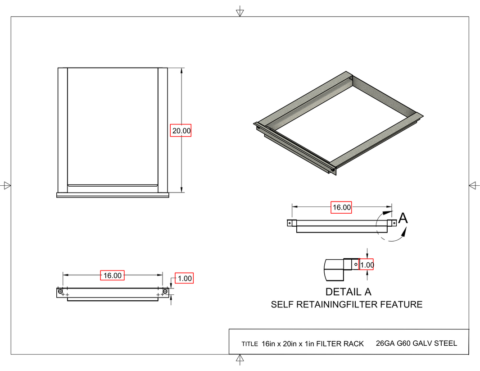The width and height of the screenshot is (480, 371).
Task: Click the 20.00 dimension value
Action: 181,131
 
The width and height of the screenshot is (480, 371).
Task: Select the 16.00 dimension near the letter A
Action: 341,207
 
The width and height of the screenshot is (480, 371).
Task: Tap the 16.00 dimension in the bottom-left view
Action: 112,275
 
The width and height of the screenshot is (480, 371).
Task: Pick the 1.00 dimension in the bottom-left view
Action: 185,278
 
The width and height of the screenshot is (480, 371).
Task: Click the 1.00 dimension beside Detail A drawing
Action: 367,265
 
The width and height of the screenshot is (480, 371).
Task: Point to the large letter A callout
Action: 403,218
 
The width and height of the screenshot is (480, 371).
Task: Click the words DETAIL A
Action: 348,292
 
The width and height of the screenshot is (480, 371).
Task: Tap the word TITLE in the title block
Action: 249,344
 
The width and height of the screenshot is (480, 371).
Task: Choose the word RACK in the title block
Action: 353,344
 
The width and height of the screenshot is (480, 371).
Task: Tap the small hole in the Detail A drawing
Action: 356,264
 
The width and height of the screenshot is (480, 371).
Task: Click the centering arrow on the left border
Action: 6,185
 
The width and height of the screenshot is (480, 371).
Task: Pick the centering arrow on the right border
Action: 473,185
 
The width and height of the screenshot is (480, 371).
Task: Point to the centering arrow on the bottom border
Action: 240,359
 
